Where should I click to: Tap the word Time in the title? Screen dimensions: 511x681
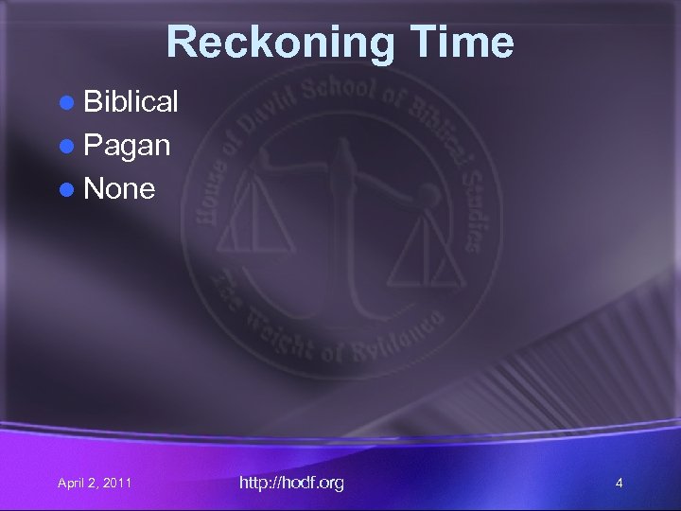click(462, 43)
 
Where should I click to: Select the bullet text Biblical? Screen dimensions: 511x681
click(131, 102)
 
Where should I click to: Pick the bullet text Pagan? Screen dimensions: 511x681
click(127, 145)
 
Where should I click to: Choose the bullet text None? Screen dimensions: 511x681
click(119, 188)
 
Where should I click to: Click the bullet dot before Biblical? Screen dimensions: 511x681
click(67, 103)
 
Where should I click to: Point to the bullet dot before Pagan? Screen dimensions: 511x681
click(67, 146)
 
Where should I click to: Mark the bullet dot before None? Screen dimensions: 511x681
click(67, 189)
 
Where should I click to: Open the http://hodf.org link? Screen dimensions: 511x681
click(291, 483)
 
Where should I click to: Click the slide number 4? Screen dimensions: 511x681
click(619, 484)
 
